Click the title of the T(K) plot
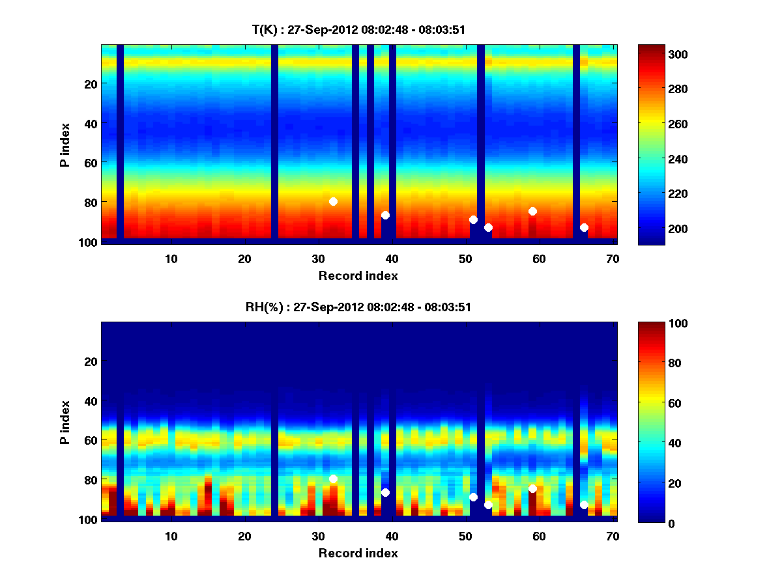(358, 29)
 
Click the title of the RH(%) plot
(358, 307)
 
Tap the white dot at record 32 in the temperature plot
(333, 201)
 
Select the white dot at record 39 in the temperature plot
(385, 215)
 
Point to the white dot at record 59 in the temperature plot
(532, 211)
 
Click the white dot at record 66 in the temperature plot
(584, 227)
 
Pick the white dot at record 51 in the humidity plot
(473, 497)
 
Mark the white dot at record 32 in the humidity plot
(333, 479)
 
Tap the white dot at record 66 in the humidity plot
(584, 505)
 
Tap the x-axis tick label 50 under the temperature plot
(465, 258)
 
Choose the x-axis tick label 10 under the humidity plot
(171, 536)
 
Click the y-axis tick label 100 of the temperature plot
(89, 242)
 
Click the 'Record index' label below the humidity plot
(358, 553)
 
